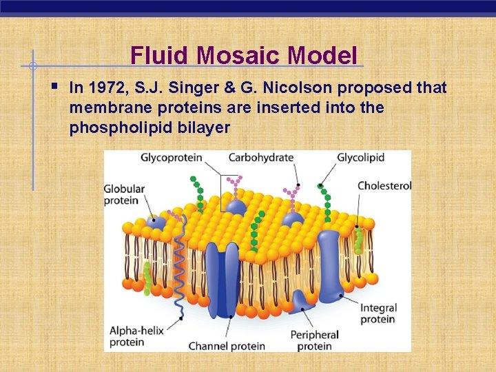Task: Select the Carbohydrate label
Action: pyautogui.click(x=260, y=158)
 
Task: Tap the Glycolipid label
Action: pyautogui.click(x=360, y=158)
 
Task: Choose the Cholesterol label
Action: pyautogui.click(x=384, y=186)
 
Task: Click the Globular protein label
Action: pyautogui.click(x=121, y=194)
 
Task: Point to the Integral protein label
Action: pyautogui.click(x=378, y=313)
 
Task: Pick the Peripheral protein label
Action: pyautogui.click(x=314, y=340)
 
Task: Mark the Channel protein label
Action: pyautogui.click(x=227, y=346)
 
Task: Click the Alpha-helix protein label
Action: pyautogui.click(x=136, y=336)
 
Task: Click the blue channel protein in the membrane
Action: pyautogui.click(x=222, y=276)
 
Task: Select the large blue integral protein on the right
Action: pyautogui.click(x=329, y=262)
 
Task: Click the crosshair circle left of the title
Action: pyautogui.click(x=32, y=66)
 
